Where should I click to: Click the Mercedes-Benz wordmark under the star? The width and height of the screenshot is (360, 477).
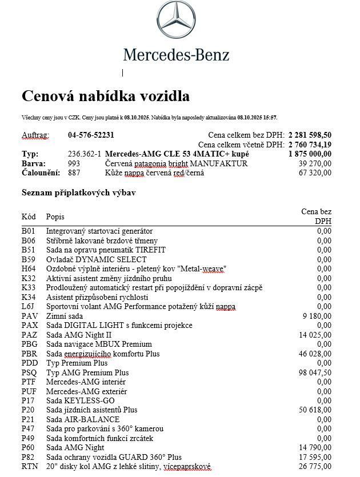click(x=176, y=55)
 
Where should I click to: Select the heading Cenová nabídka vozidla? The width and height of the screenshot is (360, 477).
click(x=105, y=95)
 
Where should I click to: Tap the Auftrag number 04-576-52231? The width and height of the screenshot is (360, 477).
click(x=91, y=135)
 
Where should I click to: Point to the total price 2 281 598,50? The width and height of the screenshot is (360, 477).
click(x=310, y=135)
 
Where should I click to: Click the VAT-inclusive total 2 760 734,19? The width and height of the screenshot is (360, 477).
click(x=310, y=145)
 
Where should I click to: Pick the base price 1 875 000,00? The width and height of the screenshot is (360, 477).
click(x=310, y=154)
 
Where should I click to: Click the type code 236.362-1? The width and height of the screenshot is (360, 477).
click(x=84, y=154)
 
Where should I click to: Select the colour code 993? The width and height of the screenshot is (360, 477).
click(x=74, y=163)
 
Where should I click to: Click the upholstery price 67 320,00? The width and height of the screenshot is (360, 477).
click(x=315, y=173)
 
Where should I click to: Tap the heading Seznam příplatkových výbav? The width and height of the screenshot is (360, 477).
click(x=78, y=193)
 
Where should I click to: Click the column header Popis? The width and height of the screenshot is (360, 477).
click(x=55, y=217)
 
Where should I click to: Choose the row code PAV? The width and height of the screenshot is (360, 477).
click(x=29, y=316)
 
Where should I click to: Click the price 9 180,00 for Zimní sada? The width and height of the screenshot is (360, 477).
click(x=317, y=316)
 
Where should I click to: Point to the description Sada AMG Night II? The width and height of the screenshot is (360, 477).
click(x=79, y=335)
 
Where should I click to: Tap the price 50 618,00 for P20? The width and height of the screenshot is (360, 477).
click(x=315, y=410)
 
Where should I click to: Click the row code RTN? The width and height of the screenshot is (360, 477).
click(x=29, y=467)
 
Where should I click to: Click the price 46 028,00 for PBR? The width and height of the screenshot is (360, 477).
click(x=315, y=354)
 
